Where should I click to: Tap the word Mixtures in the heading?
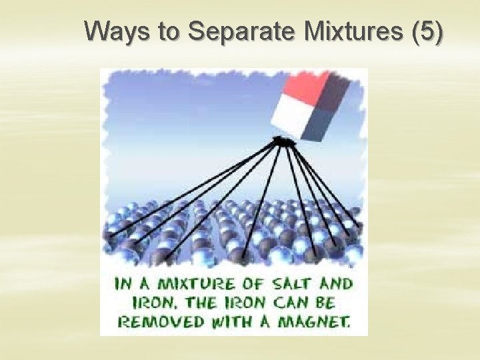click(x=353, y=31)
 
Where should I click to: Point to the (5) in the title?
click(x=427, y=31)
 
